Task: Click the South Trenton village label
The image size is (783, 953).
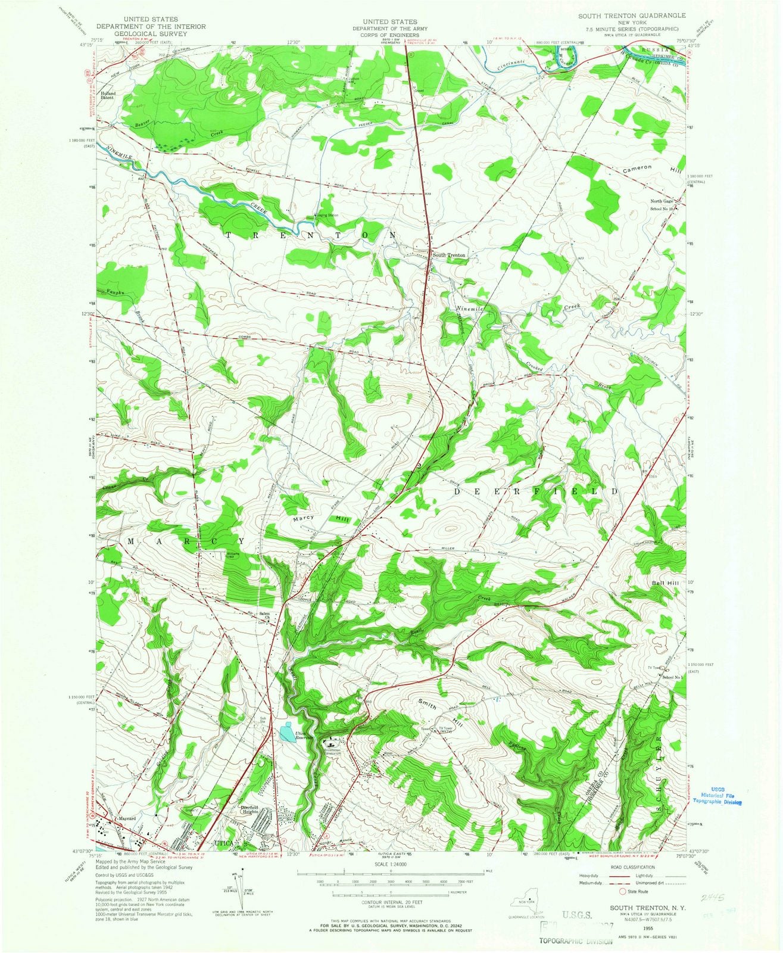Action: point(449,255)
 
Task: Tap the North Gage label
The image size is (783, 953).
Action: point(661,201)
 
